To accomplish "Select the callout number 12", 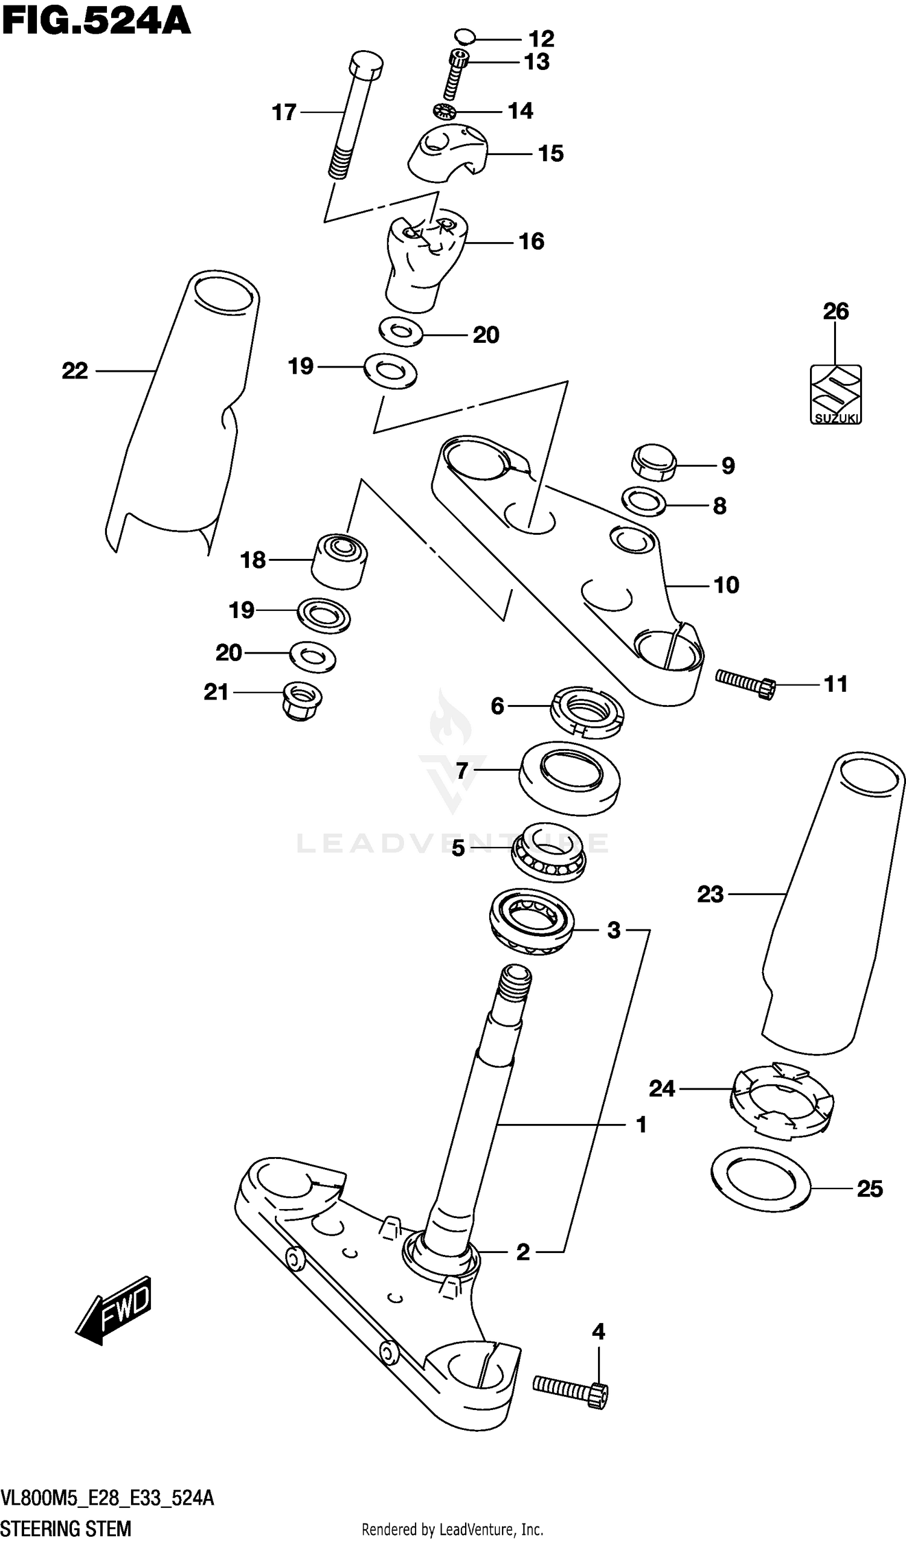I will [x=541, y=39].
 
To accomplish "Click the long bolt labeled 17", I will [x=355, y=116].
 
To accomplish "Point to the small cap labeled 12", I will [x=465, y=36].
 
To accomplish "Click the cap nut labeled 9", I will [x=654, y=463].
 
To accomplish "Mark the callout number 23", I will [x=710, y=895].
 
